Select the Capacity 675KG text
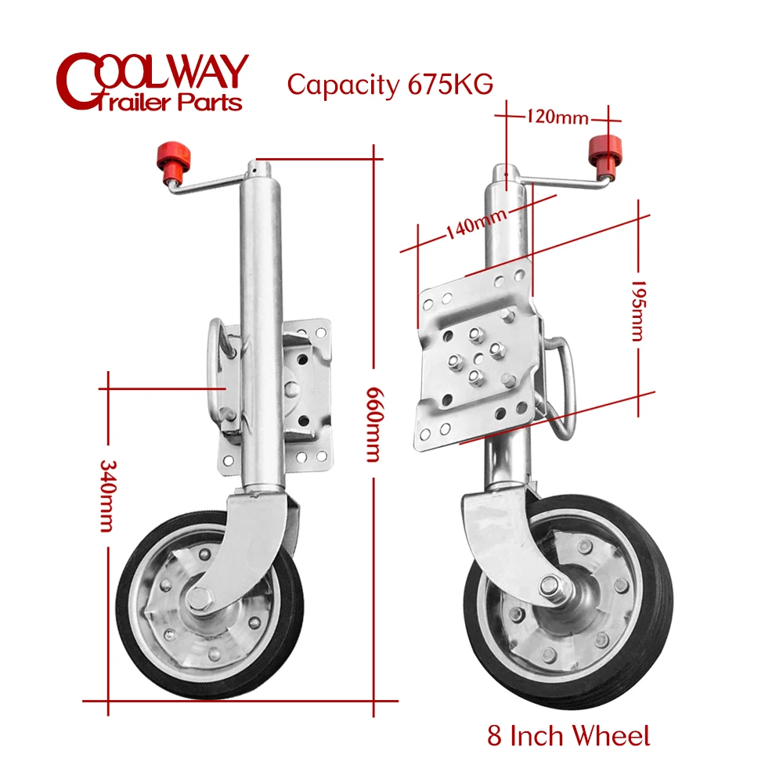pos(389,84)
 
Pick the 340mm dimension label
pos(108,494)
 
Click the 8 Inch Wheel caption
pos(568,736)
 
